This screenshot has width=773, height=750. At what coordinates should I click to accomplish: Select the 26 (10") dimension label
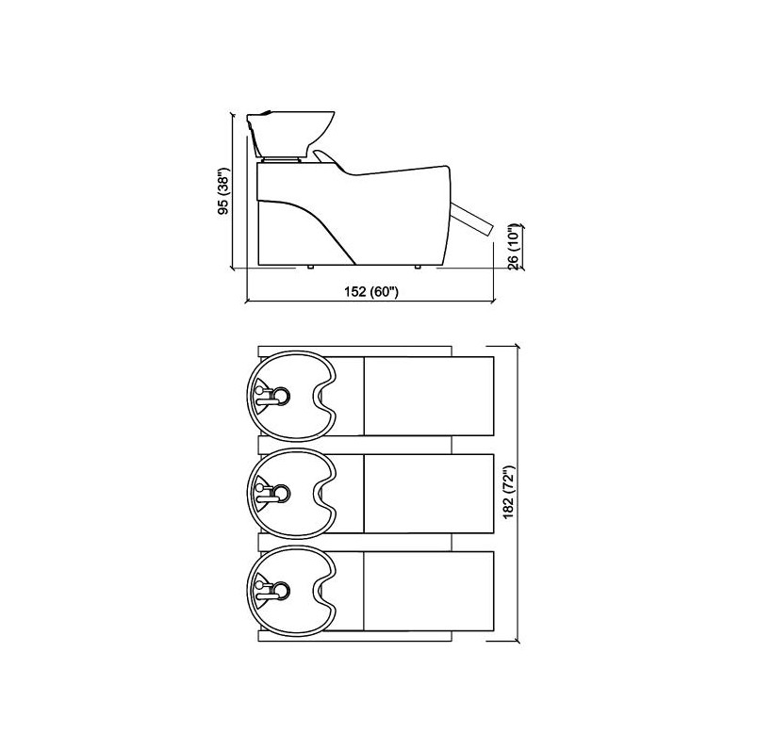514,248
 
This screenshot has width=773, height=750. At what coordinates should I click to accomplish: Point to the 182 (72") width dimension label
509,491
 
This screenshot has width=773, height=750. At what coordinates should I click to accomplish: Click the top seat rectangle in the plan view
429,397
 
